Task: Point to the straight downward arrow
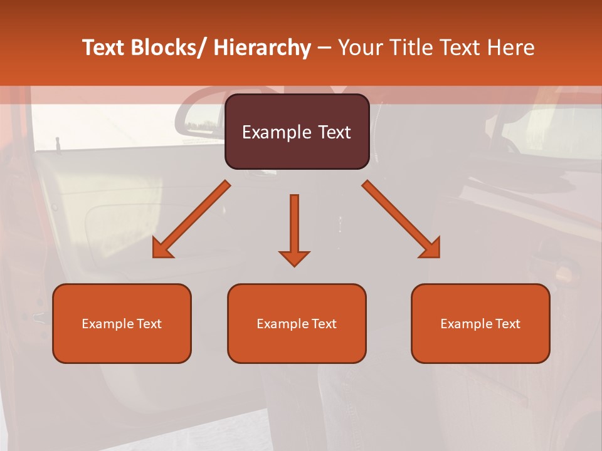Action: (x=294, y=225)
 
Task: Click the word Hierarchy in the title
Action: (x=262, y=48)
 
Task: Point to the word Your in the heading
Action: (x=360, y=48)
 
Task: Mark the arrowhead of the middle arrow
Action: (x=294, y=257)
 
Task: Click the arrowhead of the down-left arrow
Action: (x=162, y=249)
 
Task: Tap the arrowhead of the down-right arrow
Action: (x=431, y=249)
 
